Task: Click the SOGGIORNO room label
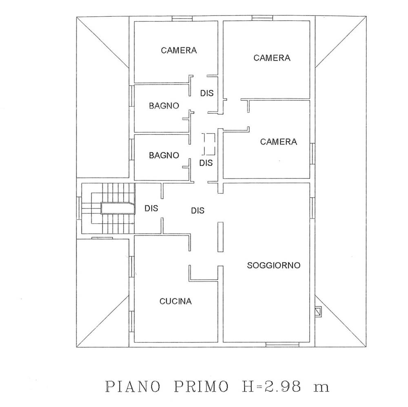(x=273, y=265)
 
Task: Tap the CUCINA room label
(x=175, y=301)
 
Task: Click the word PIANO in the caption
(x=133, y=387)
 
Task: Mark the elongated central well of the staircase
(x=118, y=208)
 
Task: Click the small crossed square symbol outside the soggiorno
(x=318, y=311)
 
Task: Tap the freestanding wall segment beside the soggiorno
(x=220, y=237)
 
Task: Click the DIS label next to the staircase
(x=151, y=208)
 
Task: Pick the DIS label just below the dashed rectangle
(x=206, y=163)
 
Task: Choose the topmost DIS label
(x=206, y=93)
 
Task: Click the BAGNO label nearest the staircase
(x=164, y=156)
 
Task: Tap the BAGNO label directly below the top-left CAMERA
(x=164, y=106)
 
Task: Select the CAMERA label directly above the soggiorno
(x=278, y=142)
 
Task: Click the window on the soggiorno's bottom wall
(x=282, y=345)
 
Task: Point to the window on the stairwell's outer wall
(x=79, y=208)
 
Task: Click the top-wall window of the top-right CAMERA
(x=262, y=18)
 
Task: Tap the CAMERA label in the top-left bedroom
(x=179, y=51)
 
